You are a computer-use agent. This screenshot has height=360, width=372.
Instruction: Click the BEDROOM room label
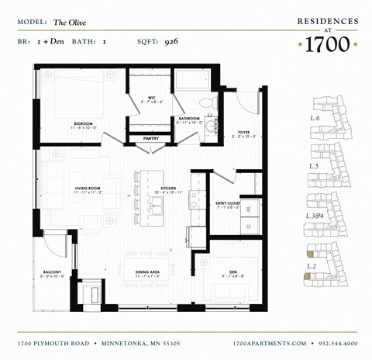pos(84,123)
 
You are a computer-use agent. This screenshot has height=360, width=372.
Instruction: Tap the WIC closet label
pos(152,98)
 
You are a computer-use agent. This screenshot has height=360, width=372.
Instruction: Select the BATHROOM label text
pos(189,119)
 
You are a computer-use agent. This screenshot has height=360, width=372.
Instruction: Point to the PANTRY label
pos(151,139)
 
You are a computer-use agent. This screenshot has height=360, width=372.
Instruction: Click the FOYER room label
pos(243,132)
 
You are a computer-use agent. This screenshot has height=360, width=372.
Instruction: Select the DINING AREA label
pos(147,272)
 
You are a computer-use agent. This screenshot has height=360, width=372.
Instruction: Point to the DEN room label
pos(230,272)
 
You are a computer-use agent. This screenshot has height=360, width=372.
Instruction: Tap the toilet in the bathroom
pos(205,102)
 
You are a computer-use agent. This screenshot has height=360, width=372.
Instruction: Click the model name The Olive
pos(68,22)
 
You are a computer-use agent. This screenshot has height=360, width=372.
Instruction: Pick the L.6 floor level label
pos(315,118)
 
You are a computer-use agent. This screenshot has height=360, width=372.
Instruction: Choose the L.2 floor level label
pos(312,266)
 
